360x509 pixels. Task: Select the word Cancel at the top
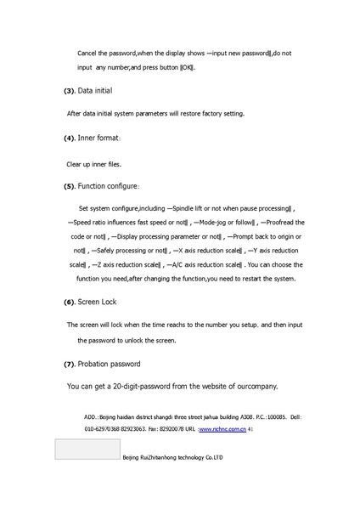coord(88,53)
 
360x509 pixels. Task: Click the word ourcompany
coord(255,387)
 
